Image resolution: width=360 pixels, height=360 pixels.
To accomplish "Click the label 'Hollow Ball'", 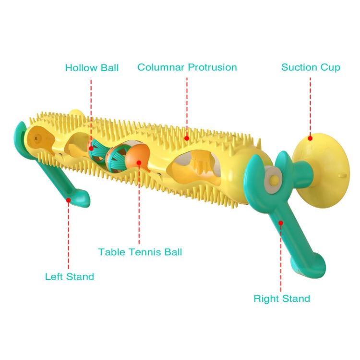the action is coord(92,68).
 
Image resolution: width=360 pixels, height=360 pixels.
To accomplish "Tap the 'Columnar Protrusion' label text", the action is coord(187,67).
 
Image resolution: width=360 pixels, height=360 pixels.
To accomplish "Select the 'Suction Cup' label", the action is coord(311,67).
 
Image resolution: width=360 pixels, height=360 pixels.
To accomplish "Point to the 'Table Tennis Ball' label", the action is coord(140,252).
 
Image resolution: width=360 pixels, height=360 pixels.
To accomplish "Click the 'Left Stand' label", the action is coord(70,276).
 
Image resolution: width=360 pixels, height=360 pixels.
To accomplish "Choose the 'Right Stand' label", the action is coord(282,298).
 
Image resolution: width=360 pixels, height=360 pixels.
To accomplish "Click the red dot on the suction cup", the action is coord(310,138).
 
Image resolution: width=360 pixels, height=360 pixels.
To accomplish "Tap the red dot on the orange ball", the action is coord(139,163).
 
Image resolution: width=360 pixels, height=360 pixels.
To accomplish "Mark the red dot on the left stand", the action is coord(69,200).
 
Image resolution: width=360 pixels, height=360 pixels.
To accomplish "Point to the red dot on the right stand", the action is coord(281,223).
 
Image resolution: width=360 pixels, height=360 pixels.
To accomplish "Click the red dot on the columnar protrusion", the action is coord(187,138).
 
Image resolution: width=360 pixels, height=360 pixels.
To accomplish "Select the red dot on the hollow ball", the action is coord(91,149).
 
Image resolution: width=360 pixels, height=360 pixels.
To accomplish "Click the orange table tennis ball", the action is coord(137,156).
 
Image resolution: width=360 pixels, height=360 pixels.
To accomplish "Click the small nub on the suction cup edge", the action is coord(342,175).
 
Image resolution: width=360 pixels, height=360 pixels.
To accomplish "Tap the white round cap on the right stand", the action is coord(273,179).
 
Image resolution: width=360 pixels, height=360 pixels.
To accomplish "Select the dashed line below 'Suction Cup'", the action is coord(310,107).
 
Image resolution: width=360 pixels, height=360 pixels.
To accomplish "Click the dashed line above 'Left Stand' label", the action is coord(69,236).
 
